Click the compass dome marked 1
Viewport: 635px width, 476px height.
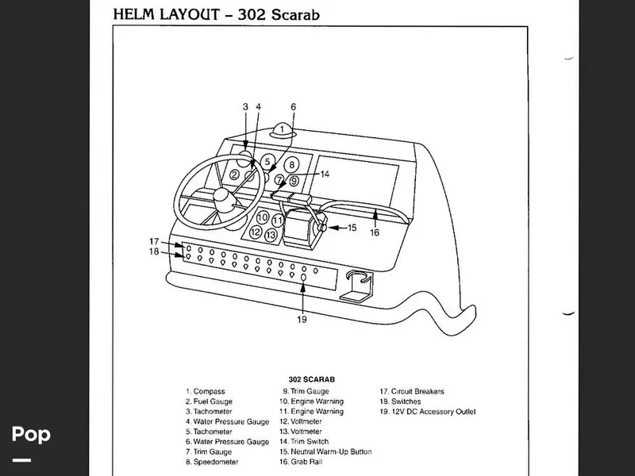pyautogui.click(x=281, y=129)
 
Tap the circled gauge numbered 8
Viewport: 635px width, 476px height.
pyautogui.click(x=292, y=165)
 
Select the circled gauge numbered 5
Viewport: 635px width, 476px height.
pyautogui.click(x=267, y=161)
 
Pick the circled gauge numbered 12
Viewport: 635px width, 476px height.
pyautogui.click(x=255, y=232)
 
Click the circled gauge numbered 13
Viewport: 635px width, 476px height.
pyautogui.click(x=271, y=235)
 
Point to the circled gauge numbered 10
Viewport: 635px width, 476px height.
pyautogui.click(x=263, y=217)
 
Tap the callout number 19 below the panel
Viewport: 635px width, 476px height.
pyautogui.click(x=302, y=320)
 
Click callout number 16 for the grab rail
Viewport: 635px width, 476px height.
pyautogui.click(x=375, y=232)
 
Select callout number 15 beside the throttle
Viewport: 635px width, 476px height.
pyautogui.click(x=352, y=228)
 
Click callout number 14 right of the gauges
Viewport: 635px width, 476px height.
pyautogui.click(x=325, y=173)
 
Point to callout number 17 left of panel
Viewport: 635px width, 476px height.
pyautogui.click(x=155, y=241)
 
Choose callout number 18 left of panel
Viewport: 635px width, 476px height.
pyautogui.click(x=155, y=252)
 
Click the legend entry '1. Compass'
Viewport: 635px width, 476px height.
pyautogui.click(x=206, y=391)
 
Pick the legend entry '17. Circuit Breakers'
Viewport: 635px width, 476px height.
pyautogui.click(x=411, y=391)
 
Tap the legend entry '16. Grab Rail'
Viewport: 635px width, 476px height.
pyautogui.click(x=306, y=462)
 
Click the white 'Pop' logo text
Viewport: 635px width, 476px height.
pyautogui.click(x=31, y=434)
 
